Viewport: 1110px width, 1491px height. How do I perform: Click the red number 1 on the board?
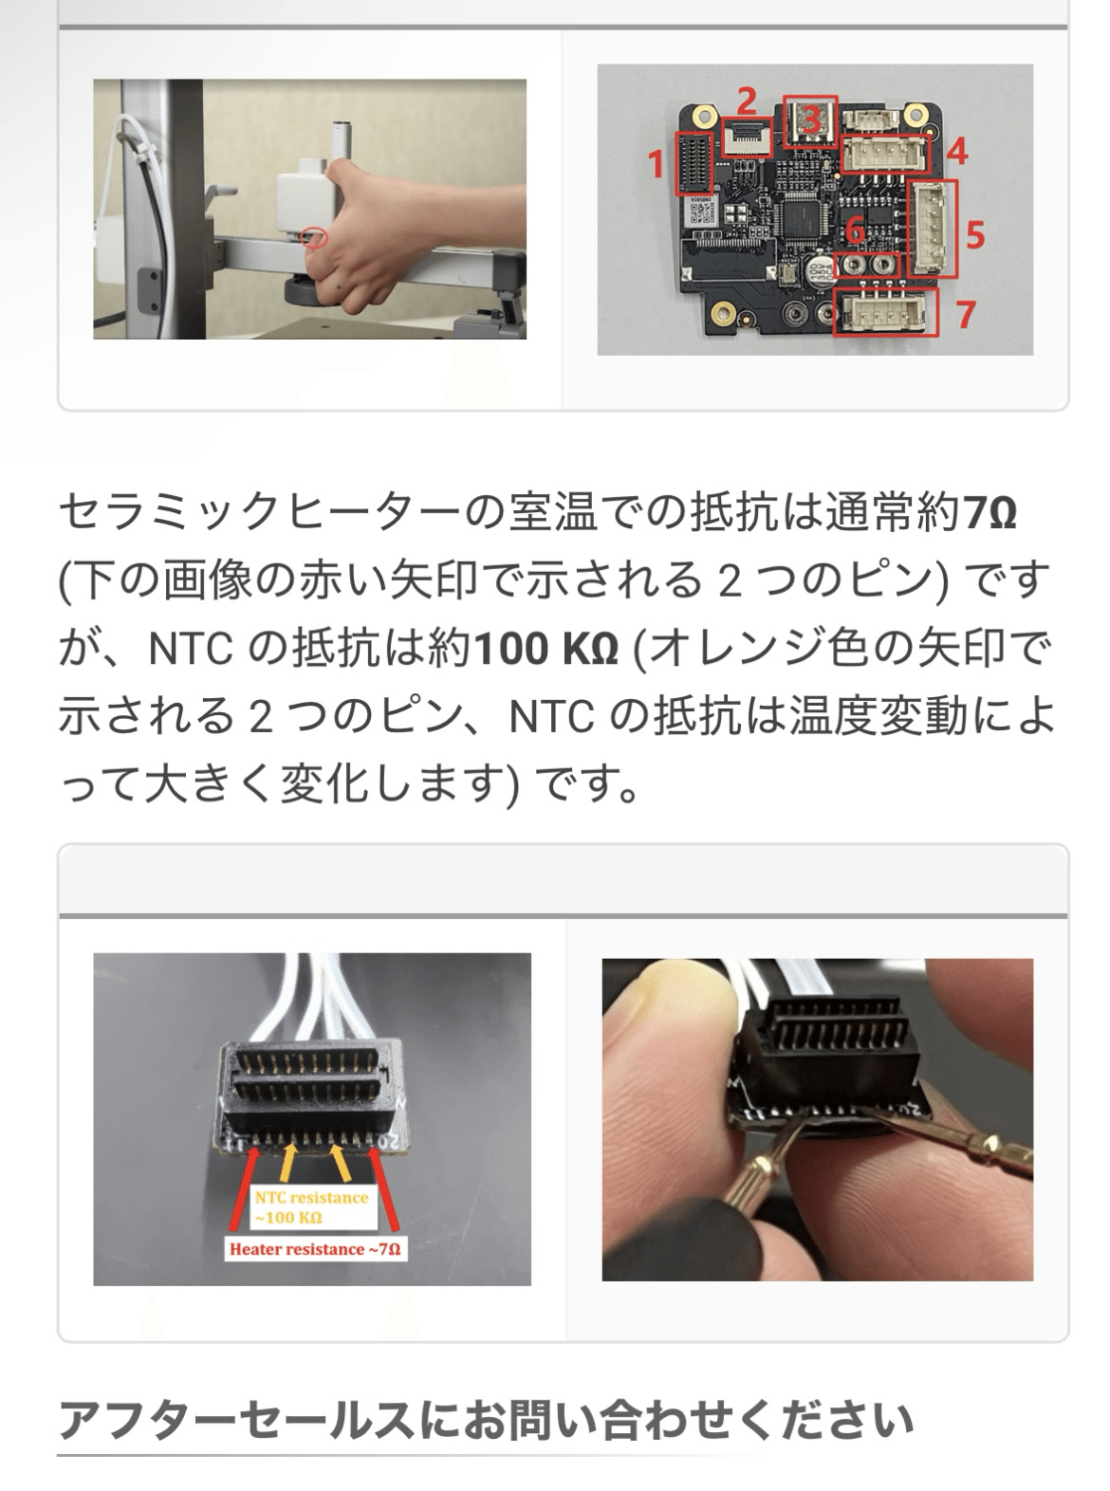coord(656,164)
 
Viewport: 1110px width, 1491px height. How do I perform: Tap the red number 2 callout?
coord(747,99)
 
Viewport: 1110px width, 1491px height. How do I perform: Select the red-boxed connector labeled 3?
coord(810,119)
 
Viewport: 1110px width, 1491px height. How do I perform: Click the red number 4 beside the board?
coord(956,150)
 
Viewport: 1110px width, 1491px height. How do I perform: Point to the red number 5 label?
coord(975,234)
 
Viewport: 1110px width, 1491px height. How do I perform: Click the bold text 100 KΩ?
coord(546,650)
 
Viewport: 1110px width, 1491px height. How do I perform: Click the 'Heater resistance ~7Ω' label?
coord(314,1249)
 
